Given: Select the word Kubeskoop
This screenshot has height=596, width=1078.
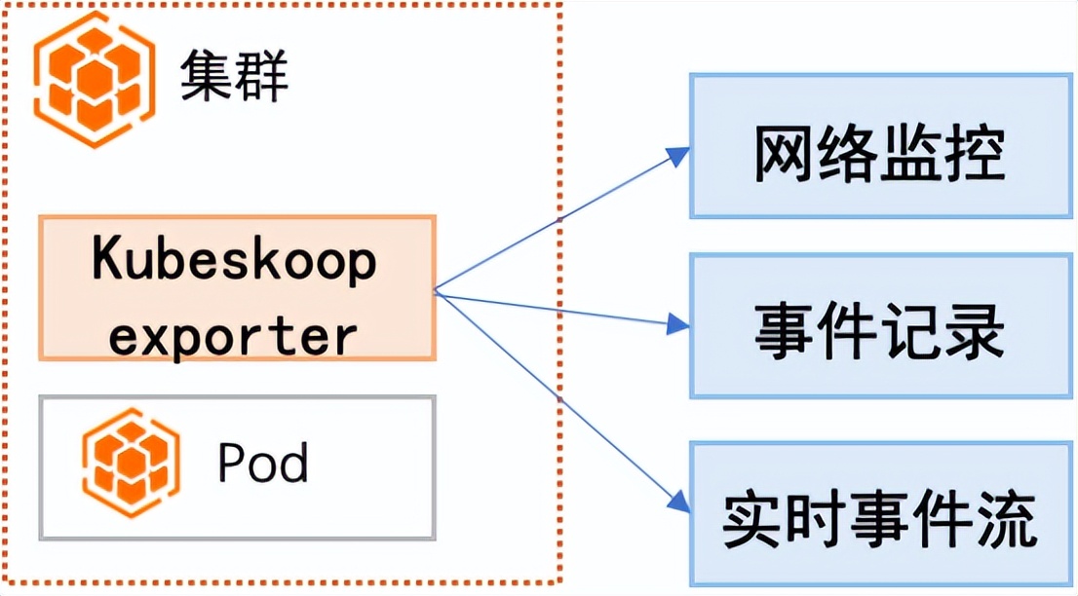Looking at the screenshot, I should point(234,262).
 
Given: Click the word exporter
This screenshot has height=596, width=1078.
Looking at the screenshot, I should point(234,335).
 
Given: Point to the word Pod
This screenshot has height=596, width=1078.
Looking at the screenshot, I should point(262,464).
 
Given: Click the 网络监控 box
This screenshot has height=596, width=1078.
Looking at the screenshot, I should point(880,145).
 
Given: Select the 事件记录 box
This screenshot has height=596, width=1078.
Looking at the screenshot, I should point(880,325).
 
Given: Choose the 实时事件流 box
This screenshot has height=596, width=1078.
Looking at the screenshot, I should point(880,513).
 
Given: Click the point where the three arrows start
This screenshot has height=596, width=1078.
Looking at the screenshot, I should point(436,289).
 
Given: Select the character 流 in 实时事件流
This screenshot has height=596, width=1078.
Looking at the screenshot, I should point(1003,518).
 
